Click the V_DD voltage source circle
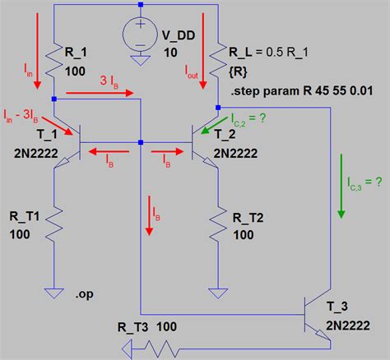(140, 38)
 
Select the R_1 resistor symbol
(53, 60)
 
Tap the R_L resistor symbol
(217, 60)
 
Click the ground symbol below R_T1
(53, 293)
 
